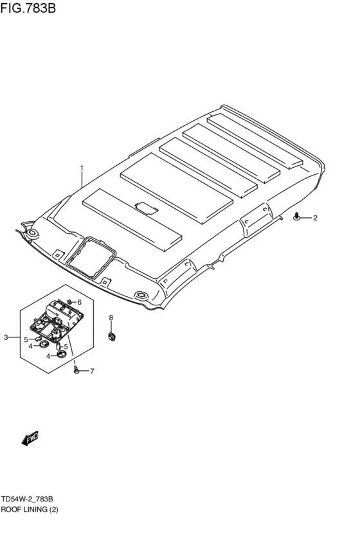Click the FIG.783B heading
point(28,7)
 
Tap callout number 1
point(82,168)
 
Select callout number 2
point(315,218)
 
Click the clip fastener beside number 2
point(296,217)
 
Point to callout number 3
point(6,337)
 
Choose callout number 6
point(79,302)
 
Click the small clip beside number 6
point(69,301)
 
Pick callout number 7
point(92,371)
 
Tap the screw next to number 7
point(76,370)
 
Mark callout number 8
point(111,318)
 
